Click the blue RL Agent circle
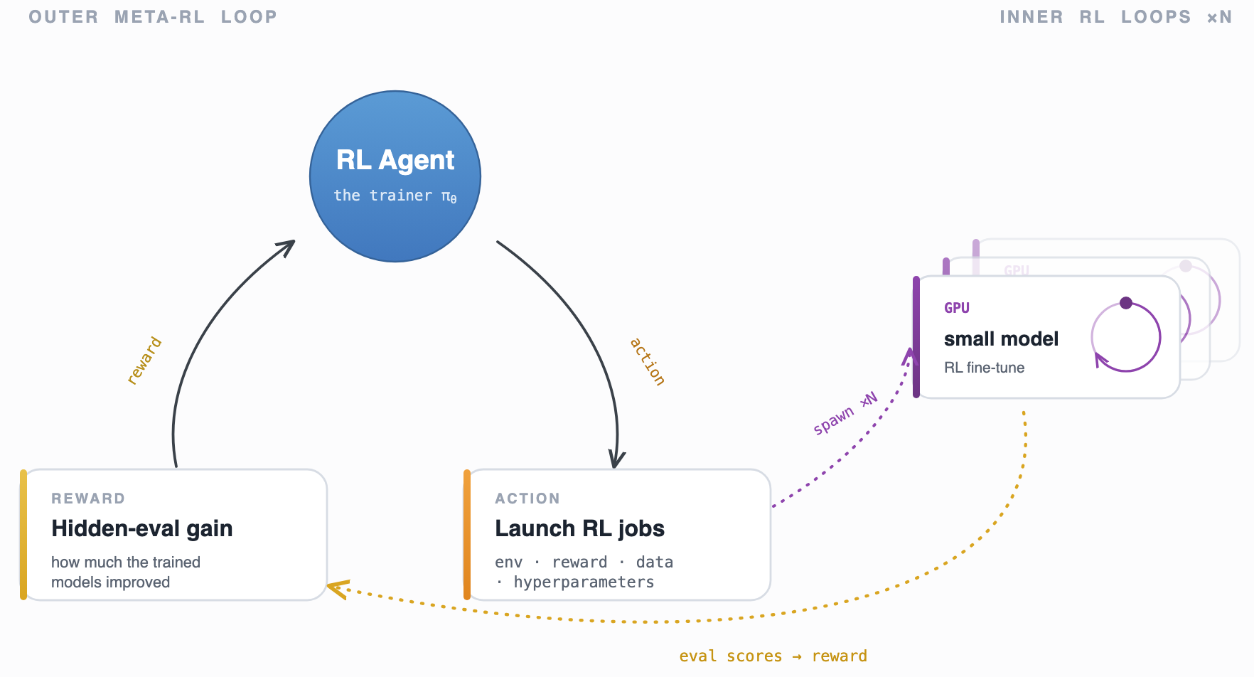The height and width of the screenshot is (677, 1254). pos(395,176)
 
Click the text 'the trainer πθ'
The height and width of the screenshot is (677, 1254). pos(395,196)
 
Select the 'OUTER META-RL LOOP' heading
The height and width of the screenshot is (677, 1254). pos(153,16)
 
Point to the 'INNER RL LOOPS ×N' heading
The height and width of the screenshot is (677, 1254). pos(1115,16)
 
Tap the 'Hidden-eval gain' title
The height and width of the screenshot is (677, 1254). pos(142,528)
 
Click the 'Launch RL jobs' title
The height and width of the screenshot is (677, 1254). pos(579,528)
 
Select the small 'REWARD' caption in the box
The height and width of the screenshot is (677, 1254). pos(88,499)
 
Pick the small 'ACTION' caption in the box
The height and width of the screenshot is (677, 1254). pos(527,499)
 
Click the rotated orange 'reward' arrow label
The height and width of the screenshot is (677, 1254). pos(144,361)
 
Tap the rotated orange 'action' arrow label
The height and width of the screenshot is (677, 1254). pos(648,362)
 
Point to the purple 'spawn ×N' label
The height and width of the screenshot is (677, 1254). pos(845,413)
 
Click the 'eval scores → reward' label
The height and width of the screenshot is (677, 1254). pos(773,656)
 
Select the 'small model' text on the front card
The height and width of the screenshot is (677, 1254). pos(1001,339)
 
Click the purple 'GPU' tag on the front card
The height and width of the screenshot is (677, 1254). pos(957,308)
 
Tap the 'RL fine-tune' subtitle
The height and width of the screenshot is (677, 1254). pos(984,368)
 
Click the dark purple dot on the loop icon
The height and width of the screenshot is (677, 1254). pos(1126,303)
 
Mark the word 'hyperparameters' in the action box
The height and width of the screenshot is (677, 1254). pos(584,582)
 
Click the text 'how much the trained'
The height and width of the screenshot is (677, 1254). pos(126,563)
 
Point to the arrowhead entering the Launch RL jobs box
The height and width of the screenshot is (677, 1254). pos(616,460)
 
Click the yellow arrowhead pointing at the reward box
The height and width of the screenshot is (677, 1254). pos(338,589)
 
